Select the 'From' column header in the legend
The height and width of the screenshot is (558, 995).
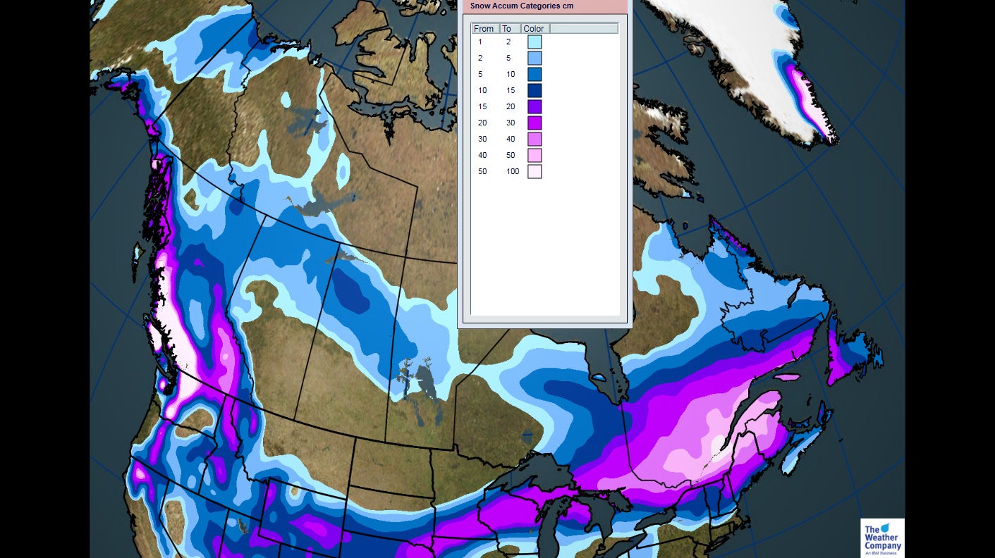click(x=484, y=29)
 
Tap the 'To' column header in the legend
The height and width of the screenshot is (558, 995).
click(x=507, y=29)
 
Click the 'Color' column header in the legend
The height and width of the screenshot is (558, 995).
click(x=534, y=29)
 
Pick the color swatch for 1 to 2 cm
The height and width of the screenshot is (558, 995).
click(x=535, y=42)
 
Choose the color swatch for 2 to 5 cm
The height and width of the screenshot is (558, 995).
click(x=535, y=58)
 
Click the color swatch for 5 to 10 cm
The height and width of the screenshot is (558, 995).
click(x=535, y=75)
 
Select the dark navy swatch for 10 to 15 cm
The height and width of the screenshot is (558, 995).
click(x=535, y=91)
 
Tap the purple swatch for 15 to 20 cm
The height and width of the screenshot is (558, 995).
click(x=535, y=107)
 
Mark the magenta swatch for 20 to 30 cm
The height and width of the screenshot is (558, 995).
click(x=535, y=123)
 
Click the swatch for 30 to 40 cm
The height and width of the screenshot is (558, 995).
click(x=535, y=139)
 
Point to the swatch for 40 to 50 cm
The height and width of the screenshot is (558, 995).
click(x=535, y=156)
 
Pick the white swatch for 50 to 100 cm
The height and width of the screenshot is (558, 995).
click(x=535, y=172)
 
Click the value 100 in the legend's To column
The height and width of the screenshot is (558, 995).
click(x=513, y=172)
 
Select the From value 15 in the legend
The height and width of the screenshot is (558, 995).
click(x=482, y=107)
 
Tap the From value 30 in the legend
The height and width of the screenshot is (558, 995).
click(x=482, y=139)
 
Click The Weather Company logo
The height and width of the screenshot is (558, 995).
click(x=882, y=538)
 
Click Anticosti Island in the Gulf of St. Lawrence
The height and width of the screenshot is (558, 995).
click(x=787, y=377)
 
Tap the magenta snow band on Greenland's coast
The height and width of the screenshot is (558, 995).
click(x=804, y=92)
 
